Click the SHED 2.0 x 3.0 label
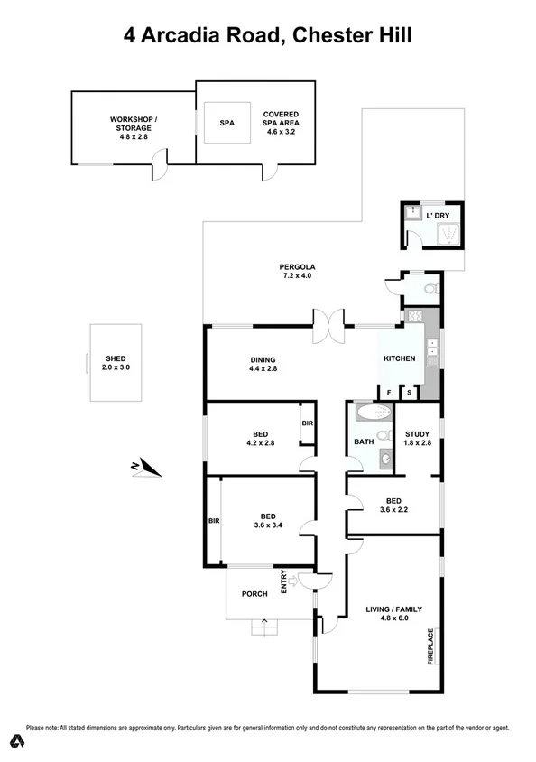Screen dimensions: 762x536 pos(115,362)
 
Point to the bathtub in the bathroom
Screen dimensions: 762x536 pos(371,414)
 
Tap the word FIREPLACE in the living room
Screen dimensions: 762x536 pos(432,646)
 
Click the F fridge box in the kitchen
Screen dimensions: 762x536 pos(389,391)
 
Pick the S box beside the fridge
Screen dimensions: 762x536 pos(409,391)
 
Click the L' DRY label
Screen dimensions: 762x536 pos(437,216)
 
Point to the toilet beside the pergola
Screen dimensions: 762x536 pos(429,290)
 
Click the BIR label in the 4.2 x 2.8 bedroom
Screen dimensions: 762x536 pos(307,423)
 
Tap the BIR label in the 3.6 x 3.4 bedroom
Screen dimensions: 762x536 pos(214,521)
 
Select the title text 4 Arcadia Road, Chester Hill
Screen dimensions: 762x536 pos(268,37)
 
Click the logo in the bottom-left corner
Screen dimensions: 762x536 pos(15,741)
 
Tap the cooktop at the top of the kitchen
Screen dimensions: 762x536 pos(417,316)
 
